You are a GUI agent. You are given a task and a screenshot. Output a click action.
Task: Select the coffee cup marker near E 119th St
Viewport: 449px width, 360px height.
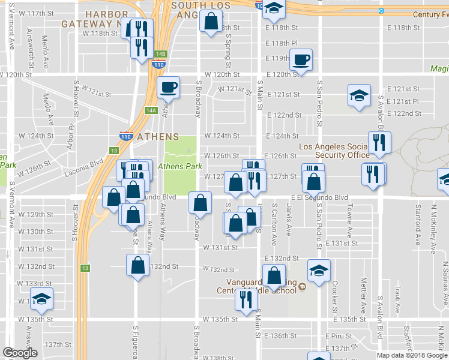(301, 60)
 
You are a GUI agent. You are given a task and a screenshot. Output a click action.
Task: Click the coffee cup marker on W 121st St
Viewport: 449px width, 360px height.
(168, 87)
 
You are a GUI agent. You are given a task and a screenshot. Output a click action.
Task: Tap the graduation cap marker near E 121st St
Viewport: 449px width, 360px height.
(359, 95)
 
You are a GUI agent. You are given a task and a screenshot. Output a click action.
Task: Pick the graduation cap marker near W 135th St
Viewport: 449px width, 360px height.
(41, 299)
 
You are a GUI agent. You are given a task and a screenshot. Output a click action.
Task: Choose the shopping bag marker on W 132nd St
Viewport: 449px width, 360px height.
(138, 265)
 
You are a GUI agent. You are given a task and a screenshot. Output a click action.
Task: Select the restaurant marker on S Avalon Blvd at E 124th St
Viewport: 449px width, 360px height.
(379, 143)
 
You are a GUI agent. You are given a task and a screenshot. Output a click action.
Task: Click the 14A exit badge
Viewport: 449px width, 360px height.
(150, 110)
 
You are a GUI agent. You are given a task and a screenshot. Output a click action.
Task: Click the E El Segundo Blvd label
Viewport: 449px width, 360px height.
(319, 197)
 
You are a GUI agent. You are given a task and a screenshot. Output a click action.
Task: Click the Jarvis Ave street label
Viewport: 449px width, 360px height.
(289, 219)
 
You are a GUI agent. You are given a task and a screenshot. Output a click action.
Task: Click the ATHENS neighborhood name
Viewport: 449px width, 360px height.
(157, 137)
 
